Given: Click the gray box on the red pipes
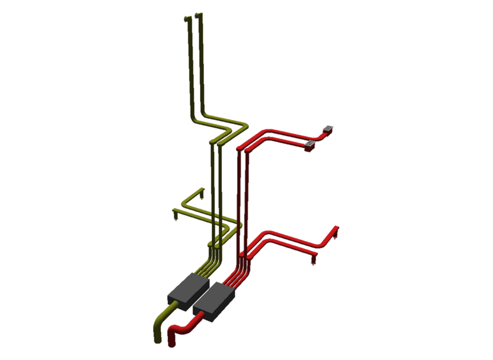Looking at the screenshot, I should [x=214, y=301].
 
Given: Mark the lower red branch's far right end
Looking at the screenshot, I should [x=335, y=228].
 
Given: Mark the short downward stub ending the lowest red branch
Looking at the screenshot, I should [x=313, y=259].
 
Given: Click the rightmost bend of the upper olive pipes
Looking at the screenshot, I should [x=244, y=127].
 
